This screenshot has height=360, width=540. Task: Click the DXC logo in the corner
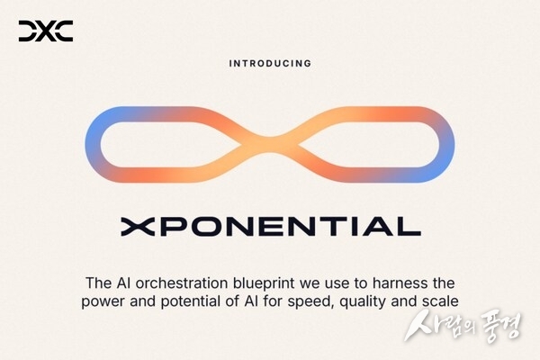(45, 32)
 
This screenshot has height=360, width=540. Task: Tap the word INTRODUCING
(270, 64)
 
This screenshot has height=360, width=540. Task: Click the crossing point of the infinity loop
(270, 141)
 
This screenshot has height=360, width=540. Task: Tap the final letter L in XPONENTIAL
(409, 225)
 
